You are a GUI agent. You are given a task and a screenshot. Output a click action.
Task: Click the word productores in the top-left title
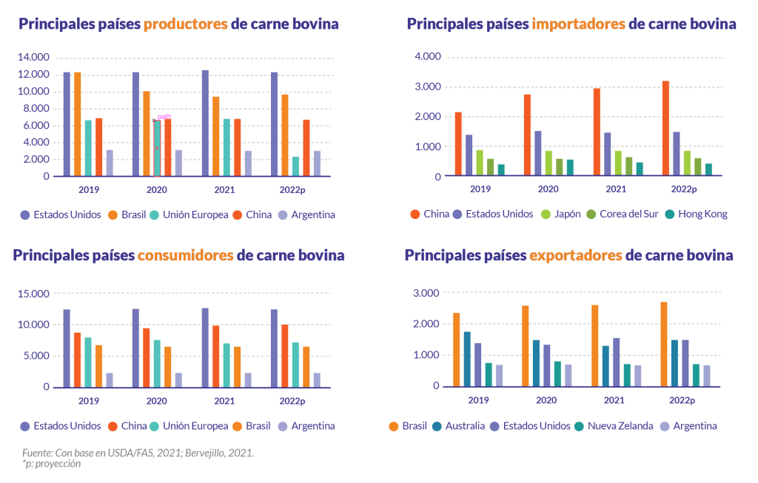click(185, 24)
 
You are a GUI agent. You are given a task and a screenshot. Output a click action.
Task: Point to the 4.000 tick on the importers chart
click(429, 57)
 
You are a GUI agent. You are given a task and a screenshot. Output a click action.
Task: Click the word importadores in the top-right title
click(578, 24)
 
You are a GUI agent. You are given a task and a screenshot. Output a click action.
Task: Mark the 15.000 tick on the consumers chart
click(33, 294)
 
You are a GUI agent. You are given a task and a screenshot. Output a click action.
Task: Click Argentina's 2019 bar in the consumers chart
click(110, 379)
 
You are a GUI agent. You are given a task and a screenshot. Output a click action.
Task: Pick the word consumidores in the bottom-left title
click(185, 255)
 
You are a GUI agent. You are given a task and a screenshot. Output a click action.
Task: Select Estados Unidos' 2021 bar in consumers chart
click(205, 348)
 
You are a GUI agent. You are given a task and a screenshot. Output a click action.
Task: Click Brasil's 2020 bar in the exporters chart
click(525, 346)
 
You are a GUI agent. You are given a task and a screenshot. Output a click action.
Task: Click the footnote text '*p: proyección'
click(51, 464)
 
